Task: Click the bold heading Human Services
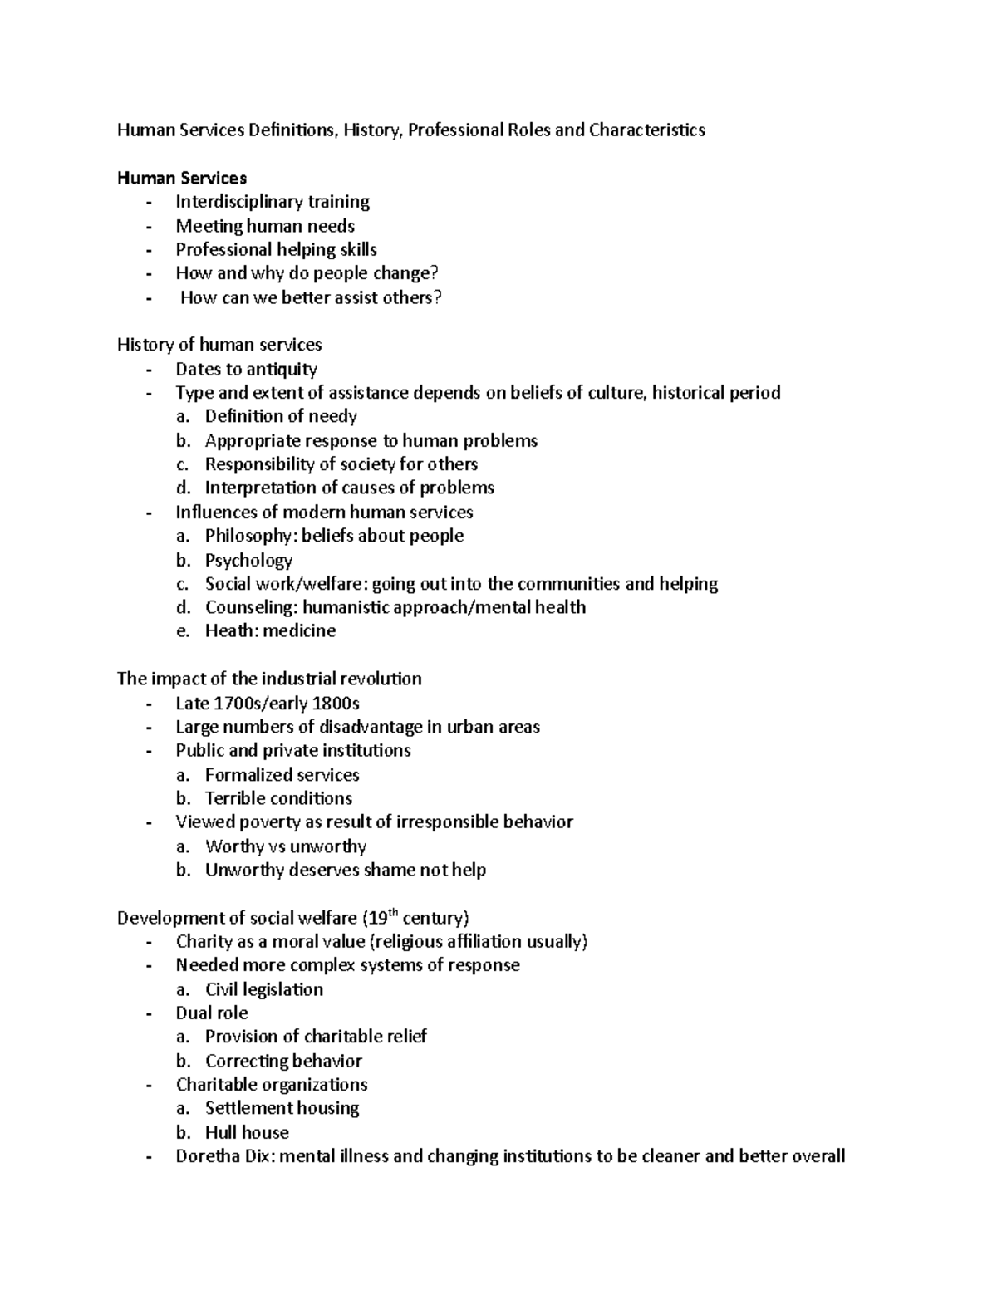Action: pos(182,178)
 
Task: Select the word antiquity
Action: pos(281,369)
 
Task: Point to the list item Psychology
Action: pos(248,560)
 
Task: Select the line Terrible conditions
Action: pos(278,799)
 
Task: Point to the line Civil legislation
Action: pos(264,989)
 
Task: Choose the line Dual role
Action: pos(212,1013)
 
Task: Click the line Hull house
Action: pos(247,1132)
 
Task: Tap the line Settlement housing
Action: pos(282,1108)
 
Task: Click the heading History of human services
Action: pos(219,345)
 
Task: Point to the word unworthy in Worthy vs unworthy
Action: pos(327,846)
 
